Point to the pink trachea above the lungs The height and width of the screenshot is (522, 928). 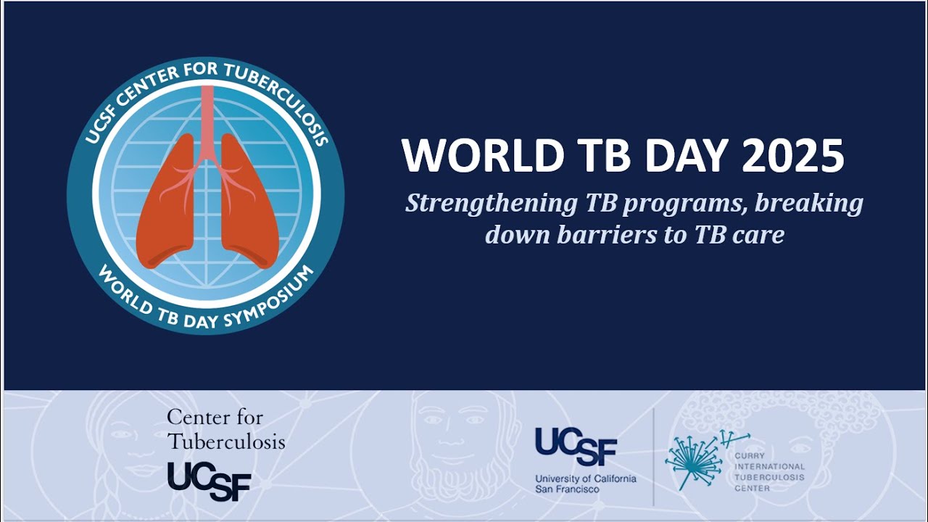[x=207, y=116]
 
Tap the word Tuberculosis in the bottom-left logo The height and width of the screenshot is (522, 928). [x=225, y=441]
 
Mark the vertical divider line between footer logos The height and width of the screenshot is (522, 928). [x=653, y=457]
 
